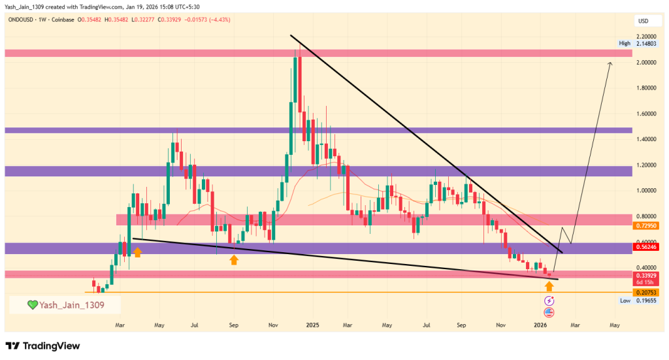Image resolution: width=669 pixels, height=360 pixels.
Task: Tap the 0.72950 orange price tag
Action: coord(645,225)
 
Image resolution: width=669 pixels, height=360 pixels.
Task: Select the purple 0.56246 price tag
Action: coord(645,248)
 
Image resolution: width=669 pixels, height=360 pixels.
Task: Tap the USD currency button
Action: coord(643,22)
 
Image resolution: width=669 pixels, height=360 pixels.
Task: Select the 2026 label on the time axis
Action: coord(540,324)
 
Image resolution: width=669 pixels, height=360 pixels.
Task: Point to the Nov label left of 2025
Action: coord(274,324)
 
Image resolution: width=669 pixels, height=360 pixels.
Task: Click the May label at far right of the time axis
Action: coord(615,324)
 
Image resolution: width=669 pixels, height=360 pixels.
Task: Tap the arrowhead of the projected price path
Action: coord(610,63)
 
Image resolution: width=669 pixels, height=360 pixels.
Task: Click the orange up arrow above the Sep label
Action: coord(234,260)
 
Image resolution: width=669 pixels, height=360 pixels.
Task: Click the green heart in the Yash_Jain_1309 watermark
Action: coord(31,304)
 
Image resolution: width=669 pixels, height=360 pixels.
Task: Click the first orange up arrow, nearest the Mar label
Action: coord(137,252)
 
